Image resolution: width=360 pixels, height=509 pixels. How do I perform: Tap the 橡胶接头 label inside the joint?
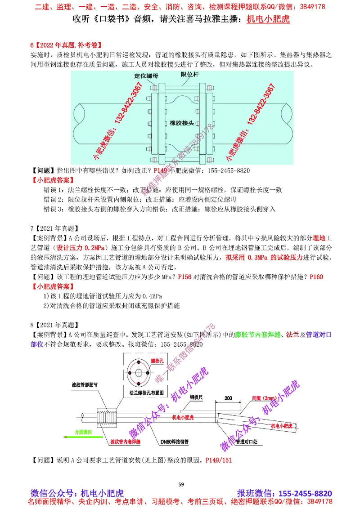click(x=182, y=123)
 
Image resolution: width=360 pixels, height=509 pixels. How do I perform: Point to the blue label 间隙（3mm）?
click(x=265, y=398)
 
